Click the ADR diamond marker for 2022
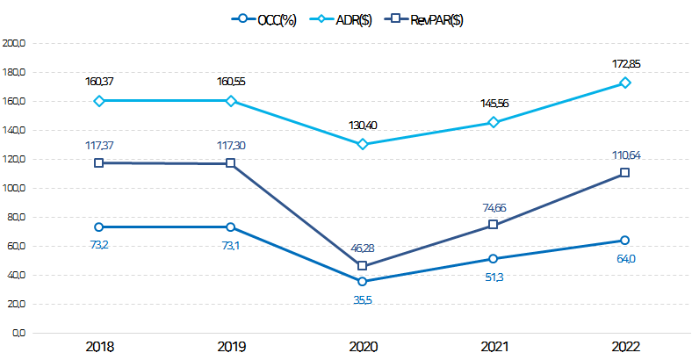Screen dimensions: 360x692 [x=624, y=83]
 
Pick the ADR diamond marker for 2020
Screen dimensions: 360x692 [x=362, y=144]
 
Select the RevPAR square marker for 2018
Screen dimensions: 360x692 [x=99, y=163]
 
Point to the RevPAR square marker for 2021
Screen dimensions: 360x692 [x=494, y=225]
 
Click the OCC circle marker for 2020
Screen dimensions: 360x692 [x=362, y=282]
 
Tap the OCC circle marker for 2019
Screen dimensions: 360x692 [x=230, y=227]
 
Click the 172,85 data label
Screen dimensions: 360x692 [x=624, y=64]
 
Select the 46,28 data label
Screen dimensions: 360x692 [x=362, y=248]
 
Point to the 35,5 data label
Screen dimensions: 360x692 [x=362, y=299]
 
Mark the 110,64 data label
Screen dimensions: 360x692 [x=624, y=155]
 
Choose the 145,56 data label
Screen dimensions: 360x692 [x=494, y=104]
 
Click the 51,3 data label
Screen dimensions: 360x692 [x=494, y=277]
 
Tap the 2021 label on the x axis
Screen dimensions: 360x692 [x=494, y=347]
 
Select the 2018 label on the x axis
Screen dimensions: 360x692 [x=99, y=347]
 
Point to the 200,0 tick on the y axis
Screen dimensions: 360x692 [x=16, y=42]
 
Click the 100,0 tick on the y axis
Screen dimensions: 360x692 [x=16, y=188]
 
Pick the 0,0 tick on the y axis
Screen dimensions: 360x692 [x=19, y=334]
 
